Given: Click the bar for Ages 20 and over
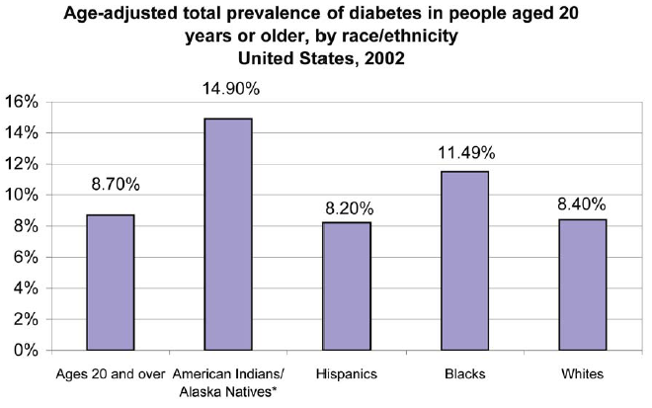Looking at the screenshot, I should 110,283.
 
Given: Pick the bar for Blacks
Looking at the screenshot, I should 464,261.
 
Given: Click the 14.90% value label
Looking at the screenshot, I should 228,90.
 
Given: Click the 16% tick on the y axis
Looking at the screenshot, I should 22,102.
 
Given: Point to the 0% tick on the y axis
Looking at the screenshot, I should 26,351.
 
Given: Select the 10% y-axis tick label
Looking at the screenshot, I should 22,196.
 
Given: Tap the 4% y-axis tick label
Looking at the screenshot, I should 26,288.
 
